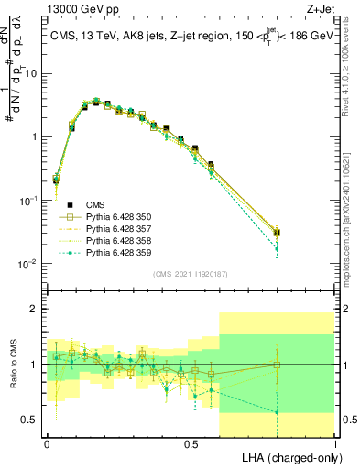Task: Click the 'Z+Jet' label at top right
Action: coord(318,10)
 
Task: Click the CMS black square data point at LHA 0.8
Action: coord(277,233)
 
